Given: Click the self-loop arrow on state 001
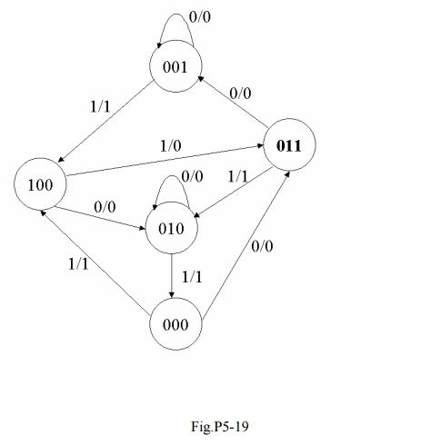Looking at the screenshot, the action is click(175, 14).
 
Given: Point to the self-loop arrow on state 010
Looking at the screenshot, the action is click(172, 176).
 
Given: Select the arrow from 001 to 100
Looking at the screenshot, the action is click(105, 122).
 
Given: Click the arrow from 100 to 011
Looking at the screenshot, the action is click(165, 161).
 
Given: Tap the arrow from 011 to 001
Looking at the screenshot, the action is click(233, 102).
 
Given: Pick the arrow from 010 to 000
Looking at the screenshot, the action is click(172, 276).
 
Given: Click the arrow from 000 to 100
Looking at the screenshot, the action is click(95, 262).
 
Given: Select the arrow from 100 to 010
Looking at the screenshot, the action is click(100, 218).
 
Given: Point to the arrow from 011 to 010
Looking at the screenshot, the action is click(233, 192).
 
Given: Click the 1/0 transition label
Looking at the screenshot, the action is click(171, 146).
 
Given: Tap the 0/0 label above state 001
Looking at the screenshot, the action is click(200, 17).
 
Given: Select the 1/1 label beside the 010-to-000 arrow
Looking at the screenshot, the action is click(192, 277).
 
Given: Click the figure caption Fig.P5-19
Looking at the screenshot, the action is click(220, 427).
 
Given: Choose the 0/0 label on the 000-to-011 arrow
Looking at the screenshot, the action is click(262, 246).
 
